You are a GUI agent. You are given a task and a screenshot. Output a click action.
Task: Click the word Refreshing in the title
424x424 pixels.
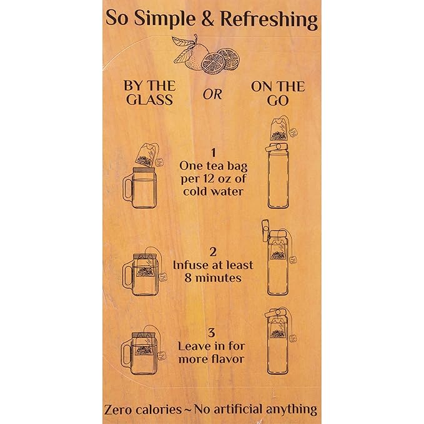(x=269, y=20)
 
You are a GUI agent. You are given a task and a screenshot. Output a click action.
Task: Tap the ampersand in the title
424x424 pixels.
(x=208, y=18)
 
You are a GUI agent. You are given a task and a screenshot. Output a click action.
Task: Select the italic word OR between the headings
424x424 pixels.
(x=212, y=94)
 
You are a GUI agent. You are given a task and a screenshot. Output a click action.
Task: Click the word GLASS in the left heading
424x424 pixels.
(x=149, y=100)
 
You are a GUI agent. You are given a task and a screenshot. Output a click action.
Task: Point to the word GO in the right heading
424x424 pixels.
(x=278, y=101)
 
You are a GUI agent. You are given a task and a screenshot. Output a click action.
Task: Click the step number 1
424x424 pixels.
(x=214, y=153)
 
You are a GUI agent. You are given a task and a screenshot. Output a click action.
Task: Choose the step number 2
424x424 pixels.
(x=213, y=252)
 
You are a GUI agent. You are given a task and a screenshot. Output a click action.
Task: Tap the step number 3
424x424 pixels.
(x=212, y=333)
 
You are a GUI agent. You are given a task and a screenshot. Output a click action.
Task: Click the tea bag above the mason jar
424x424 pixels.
(x=147, y=155)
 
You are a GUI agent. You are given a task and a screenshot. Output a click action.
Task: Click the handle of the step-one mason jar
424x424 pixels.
(x=127, y=187)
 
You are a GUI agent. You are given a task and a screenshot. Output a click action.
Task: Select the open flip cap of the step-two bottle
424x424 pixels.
(x=265, y=230)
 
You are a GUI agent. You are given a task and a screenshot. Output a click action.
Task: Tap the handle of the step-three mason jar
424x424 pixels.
(x=126, y=352)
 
